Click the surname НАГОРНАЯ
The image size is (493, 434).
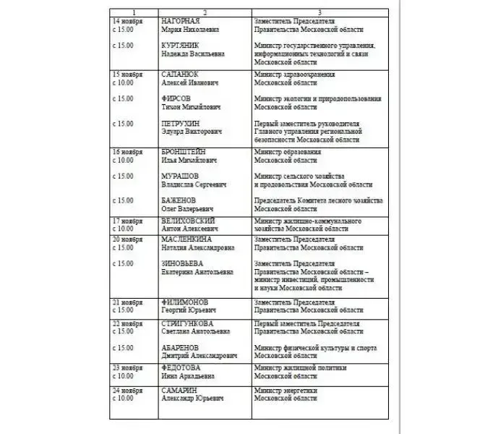pos(180,22)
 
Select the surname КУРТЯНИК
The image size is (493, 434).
pos(181,45)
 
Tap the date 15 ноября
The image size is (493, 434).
pos(127,75)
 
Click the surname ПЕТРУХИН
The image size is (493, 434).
pos(181,124)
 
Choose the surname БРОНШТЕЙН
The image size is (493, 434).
pos(187,152)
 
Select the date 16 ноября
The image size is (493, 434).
pos(127,152)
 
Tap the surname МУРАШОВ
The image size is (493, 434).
pos(181,176)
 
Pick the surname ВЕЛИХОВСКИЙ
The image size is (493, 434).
pos(189,220)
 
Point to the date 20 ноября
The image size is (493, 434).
pos(127,239)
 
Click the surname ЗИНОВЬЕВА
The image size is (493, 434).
pos(183,263)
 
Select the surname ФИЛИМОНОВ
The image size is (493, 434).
pos(185,302)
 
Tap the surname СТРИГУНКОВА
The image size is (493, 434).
pos(190,323)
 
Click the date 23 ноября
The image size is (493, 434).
pos(127,367)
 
